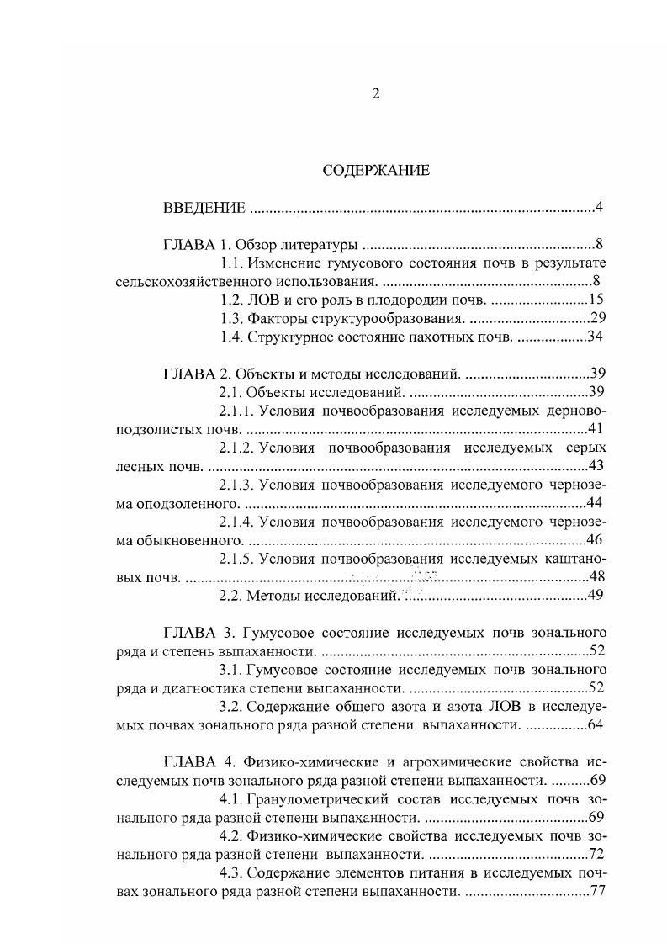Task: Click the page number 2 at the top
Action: [376, 93]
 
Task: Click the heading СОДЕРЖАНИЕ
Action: [376, 170]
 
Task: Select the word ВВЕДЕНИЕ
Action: [204, 208]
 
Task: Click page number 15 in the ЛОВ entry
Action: [596, 300]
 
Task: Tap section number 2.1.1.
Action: [236, 411]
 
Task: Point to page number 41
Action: [596, 429]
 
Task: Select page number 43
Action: [596, 466]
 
